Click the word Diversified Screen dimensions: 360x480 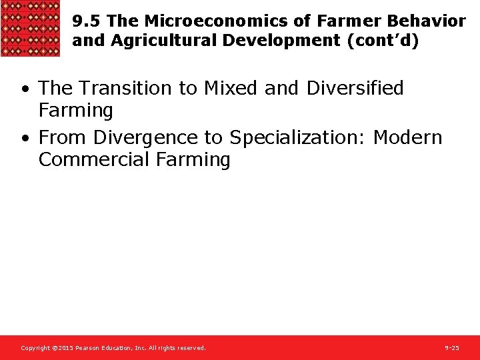(x=355, y=88)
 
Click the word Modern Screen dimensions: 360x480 (x=407, y=137)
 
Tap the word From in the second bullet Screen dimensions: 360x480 (x=63, y=137)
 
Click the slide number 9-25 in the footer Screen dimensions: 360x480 (x=451, y=348)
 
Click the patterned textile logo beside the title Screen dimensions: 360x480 (x=31, y=29)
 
